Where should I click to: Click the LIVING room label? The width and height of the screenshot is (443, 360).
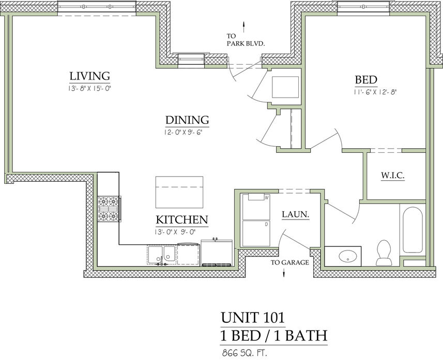tap(90, 76)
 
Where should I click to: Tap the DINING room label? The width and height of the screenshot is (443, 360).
tap(187, 120)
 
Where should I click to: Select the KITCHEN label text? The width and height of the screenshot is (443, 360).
tap(182, 220)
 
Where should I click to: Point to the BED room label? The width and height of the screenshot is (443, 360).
tap(366, 80)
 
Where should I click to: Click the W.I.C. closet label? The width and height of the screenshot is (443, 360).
tap(393, 175)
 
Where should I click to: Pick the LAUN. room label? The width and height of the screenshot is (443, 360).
tap(296, 214)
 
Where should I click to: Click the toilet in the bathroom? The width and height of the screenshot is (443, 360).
tap(384, 253)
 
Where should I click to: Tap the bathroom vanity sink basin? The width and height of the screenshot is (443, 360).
tap(348, 256)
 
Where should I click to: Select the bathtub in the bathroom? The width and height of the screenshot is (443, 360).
tap(413, 230)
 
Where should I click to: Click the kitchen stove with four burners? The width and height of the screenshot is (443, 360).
tap(109, 209)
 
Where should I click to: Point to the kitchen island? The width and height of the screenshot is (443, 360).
tap(179, 192)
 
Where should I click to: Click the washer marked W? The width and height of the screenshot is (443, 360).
tap(256, 207)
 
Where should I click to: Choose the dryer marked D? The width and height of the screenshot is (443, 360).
tap(256, 233)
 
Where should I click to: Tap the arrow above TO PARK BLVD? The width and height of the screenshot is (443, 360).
tap(243, 27)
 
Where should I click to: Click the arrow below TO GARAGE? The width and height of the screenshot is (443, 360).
tap(284, 273)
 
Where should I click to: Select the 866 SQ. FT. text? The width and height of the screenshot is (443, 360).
tap(245, 353)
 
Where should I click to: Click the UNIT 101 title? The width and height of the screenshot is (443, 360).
tap(253, 317)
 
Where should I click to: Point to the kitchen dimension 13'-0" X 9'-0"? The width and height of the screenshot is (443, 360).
tap(175, 232)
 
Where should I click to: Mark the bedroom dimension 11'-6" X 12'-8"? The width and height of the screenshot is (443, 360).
tap(375, 92)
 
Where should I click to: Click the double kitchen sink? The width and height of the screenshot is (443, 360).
tap(162, 255)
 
